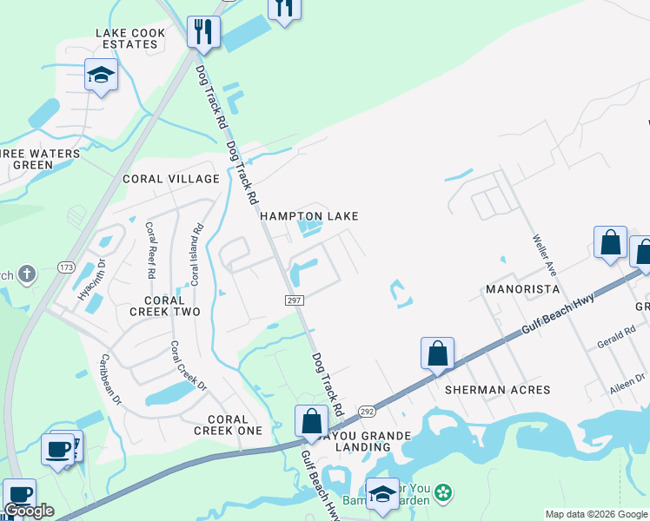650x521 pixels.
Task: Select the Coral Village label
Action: [x=171, y=179]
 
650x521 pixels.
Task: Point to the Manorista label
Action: [x=522, y=288]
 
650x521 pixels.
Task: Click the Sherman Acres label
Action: [x=498, y=390]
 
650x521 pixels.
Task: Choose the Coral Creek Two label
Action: [x=165, y=306]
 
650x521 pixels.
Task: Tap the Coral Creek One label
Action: [x=228, y=425]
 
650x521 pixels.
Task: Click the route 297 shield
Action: [x=294, y=300]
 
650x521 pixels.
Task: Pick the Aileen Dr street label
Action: [x=627, y=384]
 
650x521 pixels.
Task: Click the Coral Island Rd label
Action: [x=197, y=255]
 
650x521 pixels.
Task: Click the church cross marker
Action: [x=27, y=275]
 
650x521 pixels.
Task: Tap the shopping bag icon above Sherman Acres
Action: [x=437, y=354]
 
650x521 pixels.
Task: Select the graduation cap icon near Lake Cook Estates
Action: [x=101, y=75]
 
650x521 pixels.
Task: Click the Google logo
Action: [x=30, y=511]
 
